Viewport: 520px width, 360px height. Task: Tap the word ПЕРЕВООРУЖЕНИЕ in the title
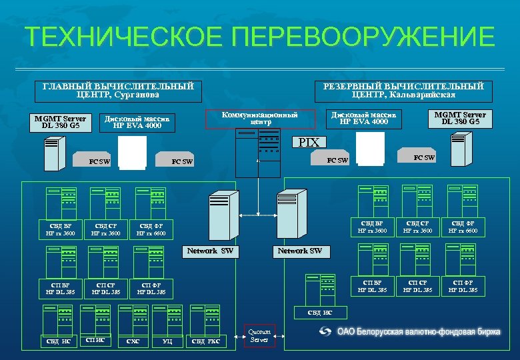(364, 37)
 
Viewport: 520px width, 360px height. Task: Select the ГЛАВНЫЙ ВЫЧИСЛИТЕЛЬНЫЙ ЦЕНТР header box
(118, 91)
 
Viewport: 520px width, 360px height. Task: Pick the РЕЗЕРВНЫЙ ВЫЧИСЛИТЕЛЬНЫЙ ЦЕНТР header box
(403, 91)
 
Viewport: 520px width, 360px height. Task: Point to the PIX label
(309, 142)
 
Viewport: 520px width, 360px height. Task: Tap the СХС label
(133, 342)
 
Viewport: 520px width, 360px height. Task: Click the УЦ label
(167, 342)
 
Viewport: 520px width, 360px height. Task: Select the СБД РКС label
(205, 342)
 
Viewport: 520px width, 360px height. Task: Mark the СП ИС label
(96, 340)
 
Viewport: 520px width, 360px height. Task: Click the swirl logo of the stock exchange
(325, 331)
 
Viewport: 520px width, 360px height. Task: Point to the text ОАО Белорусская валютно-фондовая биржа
(419, 331)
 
